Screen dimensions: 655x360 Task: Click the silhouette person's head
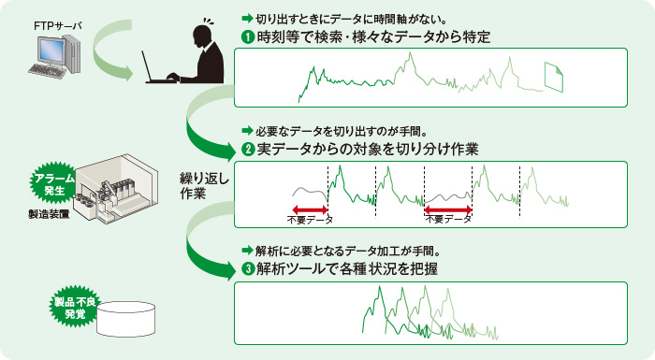pyautogui.click(x=203, y=36)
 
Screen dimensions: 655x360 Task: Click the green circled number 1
pyautogui.click(x=246, y=37)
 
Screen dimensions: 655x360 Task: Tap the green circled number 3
pyautogui.click(x=246, y=268)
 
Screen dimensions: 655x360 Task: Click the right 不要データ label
pyautogui.click(x=447, y=220)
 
